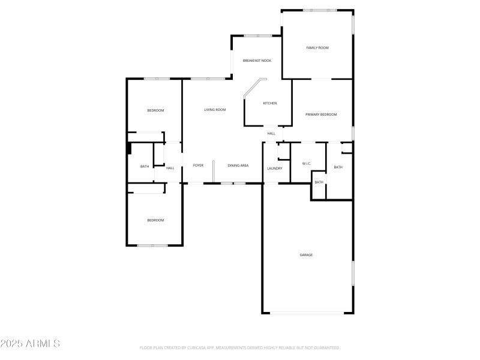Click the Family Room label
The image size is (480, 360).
(317, 47)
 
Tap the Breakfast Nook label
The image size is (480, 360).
(257, 61)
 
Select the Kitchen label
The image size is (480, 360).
(270, 103)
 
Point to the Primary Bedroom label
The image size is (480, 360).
(321, 114)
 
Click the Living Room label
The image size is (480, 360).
(215, 109)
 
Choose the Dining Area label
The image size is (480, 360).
(238, 165)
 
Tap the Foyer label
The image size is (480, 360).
(198, 165)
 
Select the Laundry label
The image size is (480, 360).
(275, 168)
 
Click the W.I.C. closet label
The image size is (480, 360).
(306, 163)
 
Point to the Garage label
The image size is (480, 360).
(306, 255)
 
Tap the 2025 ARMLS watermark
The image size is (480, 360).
(30, 344)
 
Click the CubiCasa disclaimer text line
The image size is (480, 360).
(240, 347)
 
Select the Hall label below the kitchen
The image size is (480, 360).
(271, 133)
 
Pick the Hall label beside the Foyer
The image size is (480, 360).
(170, 168)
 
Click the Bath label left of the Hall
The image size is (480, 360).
(145, 166)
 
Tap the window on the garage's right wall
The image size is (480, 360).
(353, 273)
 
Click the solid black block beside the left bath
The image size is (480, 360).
(128, 148)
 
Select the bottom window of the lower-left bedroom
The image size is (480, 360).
(152, 245)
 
